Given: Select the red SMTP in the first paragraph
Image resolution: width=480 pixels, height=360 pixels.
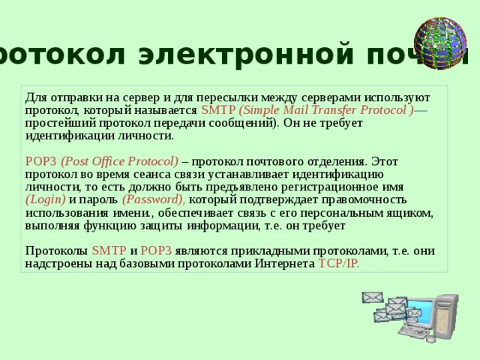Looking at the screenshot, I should click(217, 111).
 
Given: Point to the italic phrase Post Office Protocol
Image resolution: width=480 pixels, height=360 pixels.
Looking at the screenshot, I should click(120, 160).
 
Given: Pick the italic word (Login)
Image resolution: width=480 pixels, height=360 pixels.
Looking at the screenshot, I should click(46, 199).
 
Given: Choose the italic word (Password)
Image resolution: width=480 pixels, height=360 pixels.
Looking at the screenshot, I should click(154, 199).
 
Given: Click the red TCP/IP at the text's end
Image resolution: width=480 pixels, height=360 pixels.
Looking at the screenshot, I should click(338, 263).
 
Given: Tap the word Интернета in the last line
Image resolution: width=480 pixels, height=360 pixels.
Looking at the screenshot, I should click(287, 263).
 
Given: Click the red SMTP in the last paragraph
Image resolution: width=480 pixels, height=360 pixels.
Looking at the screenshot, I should click(109, 250).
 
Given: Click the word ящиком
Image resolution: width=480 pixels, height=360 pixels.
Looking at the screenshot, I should click(409, 212).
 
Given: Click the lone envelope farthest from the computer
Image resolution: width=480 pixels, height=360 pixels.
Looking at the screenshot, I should click(373, 298).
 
